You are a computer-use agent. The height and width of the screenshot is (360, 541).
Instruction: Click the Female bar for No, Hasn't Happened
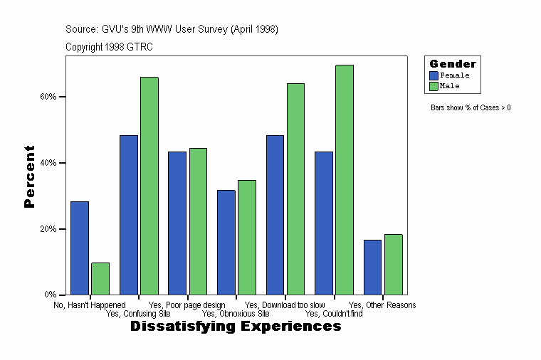point(80,248)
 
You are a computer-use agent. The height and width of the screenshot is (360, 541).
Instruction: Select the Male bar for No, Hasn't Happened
point(100,278)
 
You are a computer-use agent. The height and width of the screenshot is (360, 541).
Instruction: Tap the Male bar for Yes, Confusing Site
point(149,186)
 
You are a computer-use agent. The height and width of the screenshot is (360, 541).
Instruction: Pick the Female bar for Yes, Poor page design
point(177,223)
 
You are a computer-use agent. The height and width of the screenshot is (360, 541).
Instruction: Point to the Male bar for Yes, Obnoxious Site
point(247,237)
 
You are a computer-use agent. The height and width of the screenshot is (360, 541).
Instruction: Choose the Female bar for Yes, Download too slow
point(275,215)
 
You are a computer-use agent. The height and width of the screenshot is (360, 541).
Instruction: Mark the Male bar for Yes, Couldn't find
point(345,179)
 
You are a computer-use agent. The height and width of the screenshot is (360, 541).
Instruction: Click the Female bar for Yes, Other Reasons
point(373,267)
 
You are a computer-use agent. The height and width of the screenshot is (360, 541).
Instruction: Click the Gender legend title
point(453,64)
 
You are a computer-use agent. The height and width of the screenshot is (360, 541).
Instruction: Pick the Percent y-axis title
point(29,176)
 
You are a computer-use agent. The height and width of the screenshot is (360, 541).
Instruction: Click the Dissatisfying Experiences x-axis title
point(236,327)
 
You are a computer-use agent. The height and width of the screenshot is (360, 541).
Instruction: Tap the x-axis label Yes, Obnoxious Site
point(236,313)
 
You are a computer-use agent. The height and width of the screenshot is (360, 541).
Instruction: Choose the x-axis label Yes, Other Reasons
point(382,305)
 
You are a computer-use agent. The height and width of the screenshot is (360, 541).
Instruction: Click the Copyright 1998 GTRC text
point(109,47)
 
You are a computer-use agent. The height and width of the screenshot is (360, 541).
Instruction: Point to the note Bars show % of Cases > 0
point(471,108)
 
